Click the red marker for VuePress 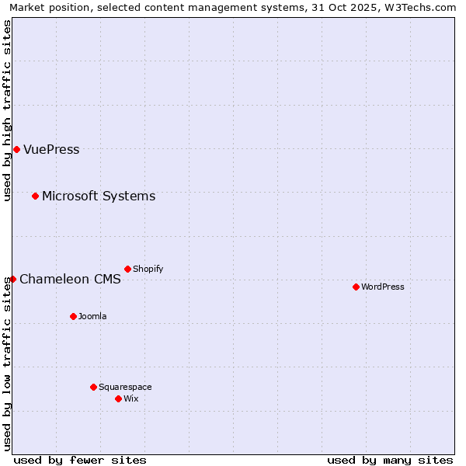[16, 149]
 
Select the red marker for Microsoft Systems [35, 196]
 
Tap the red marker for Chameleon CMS [13, 279]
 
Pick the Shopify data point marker [127, 269]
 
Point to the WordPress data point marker [356, 287]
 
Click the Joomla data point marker [73, 316]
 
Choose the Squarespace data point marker [93, 387]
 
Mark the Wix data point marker [118, 398]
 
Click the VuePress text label [51, 150]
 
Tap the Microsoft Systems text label [99, 196]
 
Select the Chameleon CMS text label [70, 280]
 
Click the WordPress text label [383, 287]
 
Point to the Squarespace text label [125, 388]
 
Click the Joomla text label [92, 317]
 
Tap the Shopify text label [148, 270]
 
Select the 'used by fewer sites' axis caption [80, 460]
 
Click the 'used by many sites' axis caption [390, 460]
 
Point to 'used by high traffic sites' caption [8, 110]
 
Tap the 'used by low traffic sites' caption [8, 363]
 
